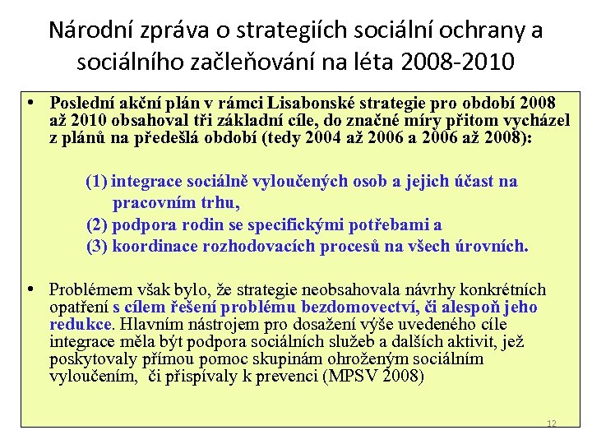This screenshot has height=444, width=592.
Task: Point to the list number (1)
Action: click(x=96, y=182)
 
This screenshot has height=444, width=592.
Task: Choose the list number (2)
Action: click(x=96, y=224)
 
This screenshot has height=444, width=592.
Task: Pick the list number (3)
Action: click(x=96, y=246)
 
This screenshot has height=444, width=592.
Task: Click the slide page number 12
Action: click(x=552, y=424)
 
